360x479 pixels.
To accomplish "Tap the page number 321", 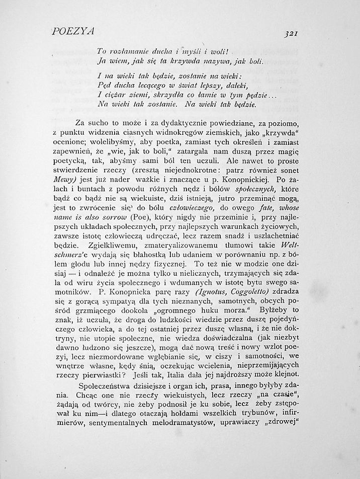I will [292, 34].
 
